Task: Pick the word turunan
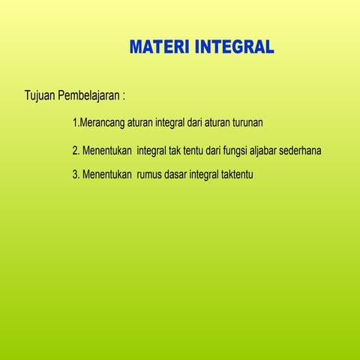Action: point(244,121)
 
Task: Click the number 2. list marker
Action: point(76,151)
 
